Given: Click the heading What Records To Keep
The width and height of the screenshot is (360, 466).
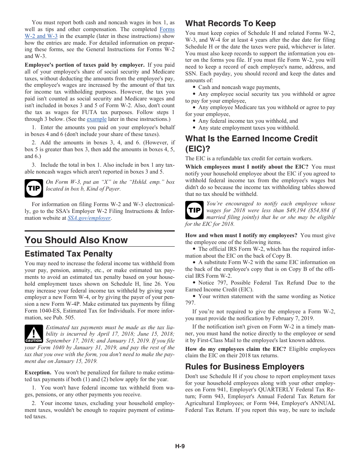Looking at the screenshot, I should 230,23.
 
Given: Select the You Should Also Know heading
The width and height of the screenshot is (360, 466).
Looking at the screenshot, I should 76,240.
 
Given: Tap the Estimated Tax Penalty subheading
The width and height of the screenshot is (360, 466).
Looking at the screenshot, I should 69,254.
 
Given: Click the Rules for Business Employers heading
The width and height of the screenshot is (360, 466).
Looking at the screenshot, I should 244,367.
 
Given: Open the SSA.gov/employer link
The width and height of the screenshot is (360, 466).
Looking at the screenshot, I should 89,218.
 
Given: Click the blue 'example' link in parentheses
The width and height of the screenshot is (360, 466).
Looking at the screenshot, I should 97,119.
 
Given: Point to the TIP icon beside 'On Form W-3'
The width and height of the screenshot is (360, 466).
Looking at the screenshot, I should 34,188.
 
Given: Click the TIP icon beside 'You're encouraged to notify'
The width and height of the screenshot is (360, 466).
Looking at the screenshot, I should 194,210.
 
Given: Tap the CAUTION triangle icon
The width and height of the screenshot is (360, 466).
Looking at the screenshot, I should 34,334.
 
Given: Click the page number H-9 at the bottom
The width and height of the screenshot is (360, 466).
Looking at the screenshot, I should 180,446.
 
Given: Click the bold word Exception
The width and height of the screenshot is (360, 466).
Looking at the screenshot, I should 38,372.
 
